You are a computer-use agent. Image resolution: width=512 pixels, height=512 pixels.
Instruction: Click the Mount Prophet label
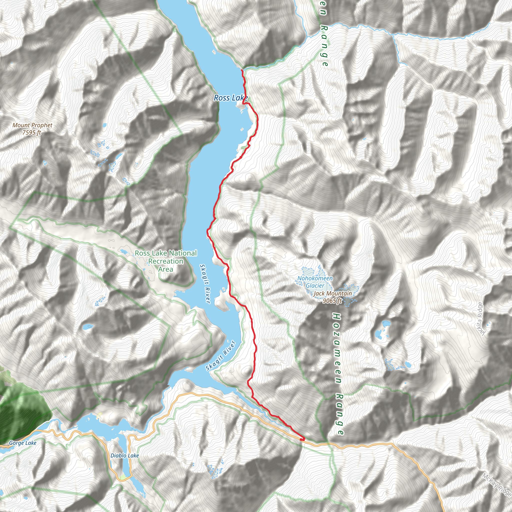pyautogui.click(x=32, y=125)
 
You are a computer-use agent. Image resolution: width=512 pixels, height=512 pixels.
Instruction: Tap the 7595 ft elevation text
pyautogui.click(x=32, y=132)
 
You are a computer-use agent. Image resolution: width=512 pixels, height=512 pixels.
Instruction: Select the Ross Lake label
pyautogui.click(x=230, y=98)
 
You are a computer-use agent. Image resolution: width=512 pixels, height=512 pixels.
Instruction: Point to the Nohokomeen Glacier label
pyautogui.click(x=315, y=282)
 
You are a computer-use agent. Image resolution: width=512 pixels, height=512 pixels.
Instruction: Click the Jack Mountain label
pyautogui.click(x=332, y=293)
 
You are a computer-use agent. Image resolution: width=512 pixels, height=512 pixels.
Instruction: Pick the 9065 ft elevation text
pyautogui.click(x=332, y=300)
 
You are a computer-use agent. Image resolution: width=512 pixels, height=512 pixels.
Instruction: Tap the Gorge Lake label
pyautogui.click(x=22, y=443)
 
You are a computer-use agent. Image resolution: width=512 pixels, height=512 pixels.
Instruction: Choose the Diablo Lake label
pyautogui.click(x=124, y=455)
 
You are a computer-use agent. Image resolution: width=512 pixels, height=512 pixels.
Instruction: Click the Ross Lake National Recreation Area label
pyautogui.click(x=166, y=261)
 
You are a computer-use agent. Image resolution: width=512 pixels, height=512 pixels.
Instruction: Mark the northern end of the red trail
pyautogui.click(x=242, y=70)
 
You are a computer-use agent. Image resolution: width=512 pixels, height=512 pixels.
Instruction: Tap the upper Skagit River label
pyautogui.click(x=205, y=283)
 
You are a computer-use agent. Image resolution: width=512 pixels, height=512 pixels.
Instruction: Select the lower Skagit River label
pyautogui.click(x=220, y=356)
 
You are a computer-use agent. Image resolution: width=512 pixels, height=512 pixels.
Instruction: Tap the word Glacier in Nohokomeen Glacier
pyautogui.click(x=315, y=285)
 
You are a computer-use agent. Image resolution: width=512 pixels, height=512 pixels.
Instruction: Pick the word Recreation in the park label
pyautogui.click(x=166, y=261)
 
